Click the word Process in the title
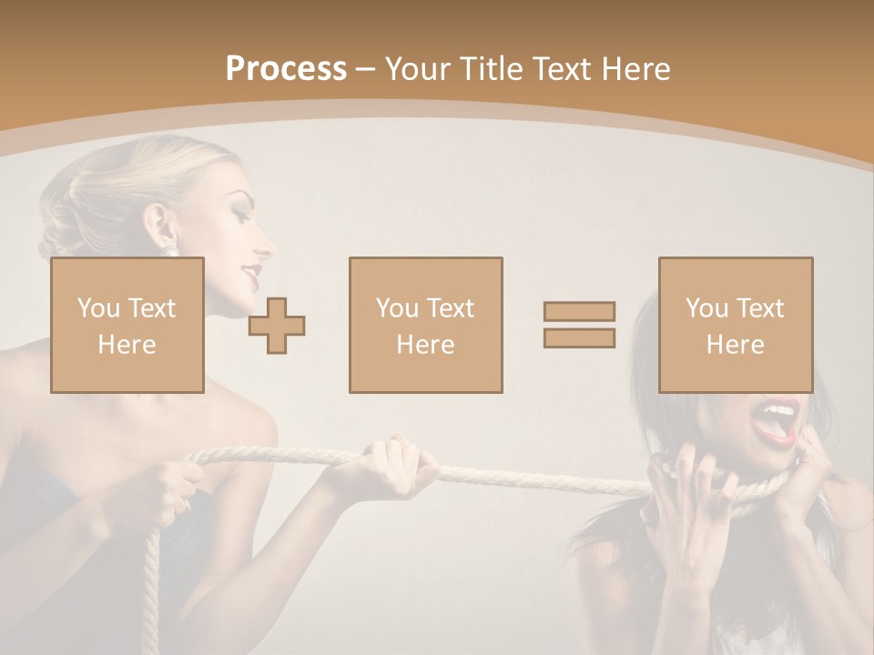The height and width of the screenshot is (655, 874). point(286,69)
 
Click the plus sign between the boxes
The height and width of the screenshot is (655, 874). point(277,326)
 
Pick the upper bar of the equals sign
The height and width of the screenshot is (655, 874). point(579,312)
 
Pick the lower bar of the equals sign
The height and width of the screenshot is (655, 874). point(579,338)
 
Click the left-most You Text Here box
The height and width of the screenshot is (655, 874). point(127,325)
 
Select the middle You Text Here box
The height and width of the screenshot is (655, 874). point(425,325)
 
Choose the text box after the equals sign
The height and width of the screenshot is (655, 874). point(735,325)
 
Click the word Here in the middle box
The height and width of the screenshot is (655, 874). point(425,345)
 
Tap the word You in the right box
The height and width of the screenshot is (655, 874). point(706,308)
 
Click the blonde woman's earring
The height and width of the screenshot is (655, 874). point(169,248)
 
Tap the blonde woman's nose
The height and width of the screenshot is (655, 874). point(265,244)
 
